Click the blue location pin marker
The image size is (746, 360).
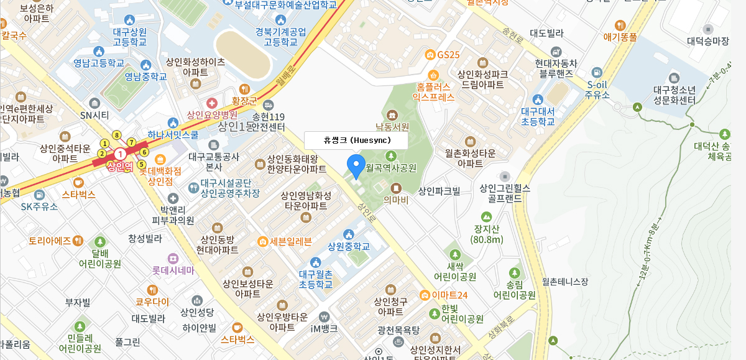(x=356, y=165)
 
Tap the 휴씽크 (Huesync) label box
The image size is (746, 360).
(x=356, y=141)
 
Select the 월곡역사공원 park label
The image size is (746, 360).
(x=391, y=168)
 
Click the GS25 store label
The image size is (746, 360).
(x=448, y=55)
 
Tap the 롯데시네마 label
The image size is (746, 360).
(x=173, y=270)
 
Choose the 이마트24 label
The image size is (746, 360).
(x=449, y=295)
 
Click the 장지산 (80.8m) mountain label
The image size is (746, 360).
(x=487, y=234)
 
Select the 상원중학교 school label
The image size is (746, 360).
(x=349, y=246)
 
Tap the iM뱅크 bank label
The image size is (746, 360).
(x=325, y=329)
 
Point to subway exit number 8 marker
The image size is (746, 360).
(x=116, y=135)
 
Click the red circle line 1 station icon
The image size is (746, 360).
(x=120, y=154)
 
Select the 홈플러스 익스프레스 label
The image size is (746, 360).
(x=435, y=92)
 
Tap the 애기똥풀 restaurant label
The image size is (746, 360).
(x=620, y=37)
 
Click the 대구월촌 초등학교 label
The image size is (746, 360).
(x=315, y=279)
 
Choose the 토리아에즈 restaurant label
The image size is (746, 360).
(x=50, y=241)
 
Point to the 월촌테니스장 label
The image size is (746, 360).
(x=564, y=282)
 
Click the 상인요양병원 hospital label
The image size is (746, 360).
(x=212, y=114)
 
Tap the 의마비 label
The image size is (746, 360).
(x=396, y=200)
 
